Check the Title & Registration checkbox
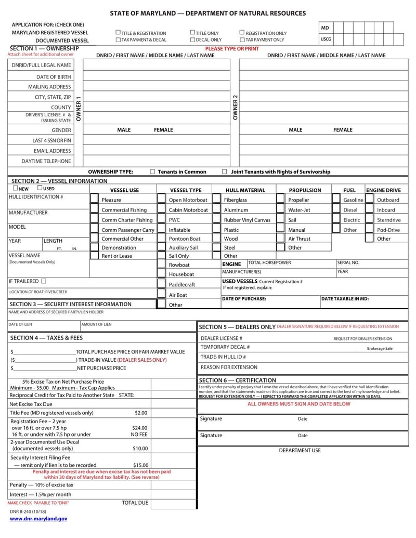pos(118,33)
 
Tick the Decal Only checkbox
pos(193,40)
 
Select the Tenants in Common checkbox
pos(152,172)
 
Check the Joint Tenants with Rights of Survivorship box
pos(225,172)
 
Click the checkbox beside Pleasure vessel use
pos(94,200)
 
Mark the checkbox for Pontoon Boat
pos(161,239)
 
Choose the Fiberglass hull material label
pos(236,200)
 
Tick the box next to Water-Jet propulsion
pos(280,210)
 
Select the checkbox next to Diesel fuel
pos(335,210)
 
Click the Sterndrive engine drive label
pos(388,220)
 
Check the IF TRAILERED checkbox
pos(44,281)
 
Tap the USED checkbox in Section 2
pos(40,188)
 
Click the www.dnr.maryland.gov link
pos(38,519)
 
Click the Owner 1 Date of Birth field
pos(156,77)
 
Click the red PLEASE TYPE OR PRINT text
pos(231,48)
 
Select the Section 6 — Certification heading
pos(238,380)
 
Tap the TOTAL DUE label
pos(135,503)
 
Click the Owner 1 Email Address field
pos(156,151)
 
